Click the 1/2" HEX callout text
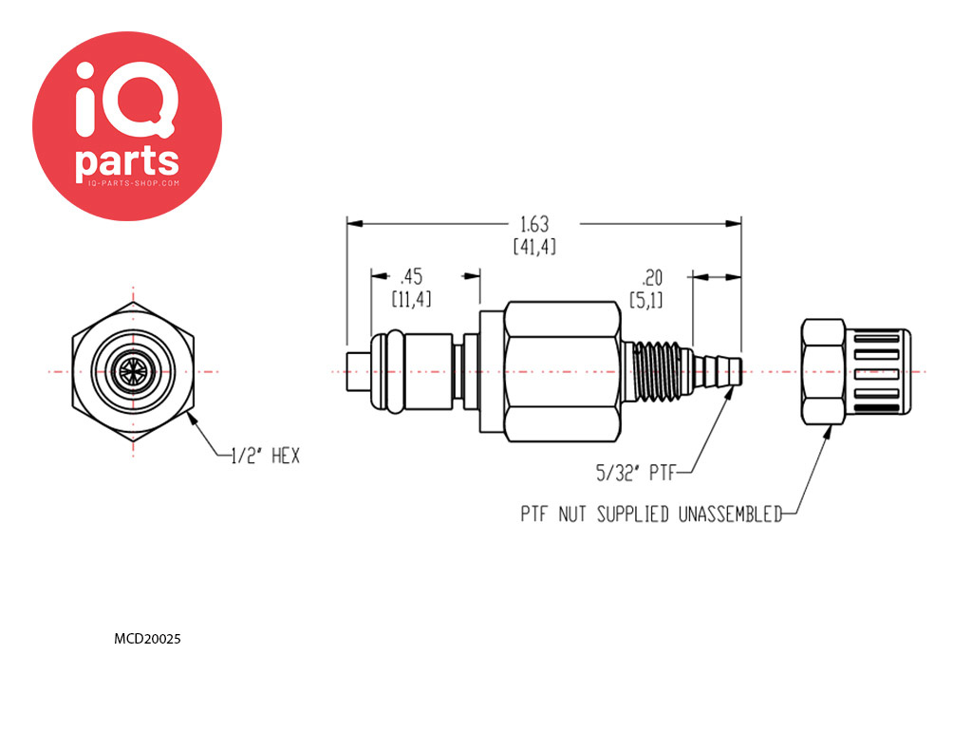click(265, 457)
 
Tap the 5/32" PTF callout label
click(641, 468)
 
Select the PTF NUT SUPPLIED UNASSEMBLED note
click(650, 514)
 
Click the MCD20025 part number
click(147, 639)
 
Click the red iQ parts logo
click(127, 126)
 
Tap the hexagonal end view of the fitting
click(133, 372)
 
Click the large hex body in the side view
click(562, 372)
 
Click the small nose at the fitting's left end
click(357, 372)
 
